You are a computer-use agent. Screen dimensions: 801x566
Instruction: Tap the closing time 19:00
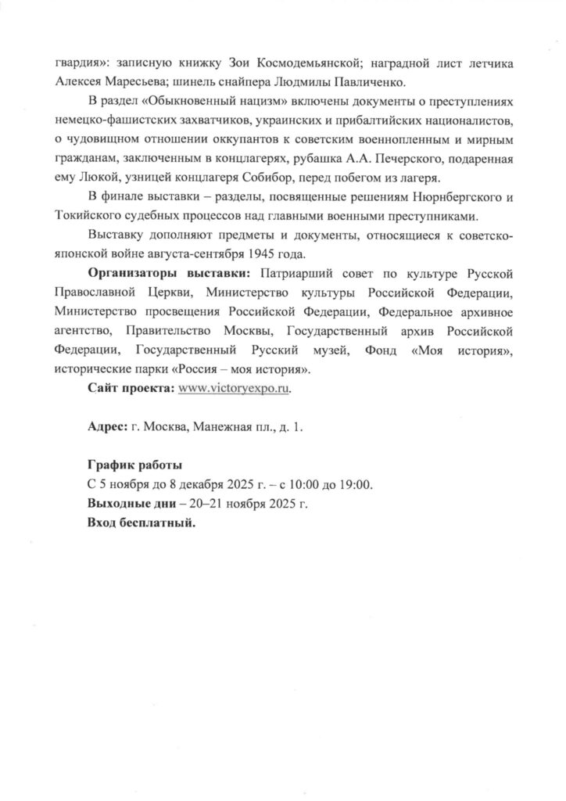point(354,484)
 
